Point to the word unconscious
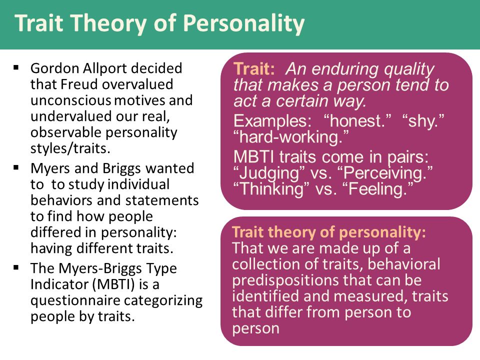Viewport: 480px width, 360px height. [70, 100]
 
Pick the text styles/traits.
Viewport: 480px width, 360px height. [70, 149]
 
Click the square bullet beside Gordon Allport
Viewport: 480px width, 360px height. [16, 67]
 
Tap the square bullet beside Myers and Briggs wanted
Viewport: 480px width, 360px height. [16, 167]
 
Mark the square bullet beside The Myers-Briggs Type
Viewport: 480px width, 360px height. [16, 267]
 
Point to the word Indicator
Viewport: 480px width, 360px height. [59, 284]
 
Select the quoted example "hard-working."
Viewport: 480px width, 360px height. [291, 137]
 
